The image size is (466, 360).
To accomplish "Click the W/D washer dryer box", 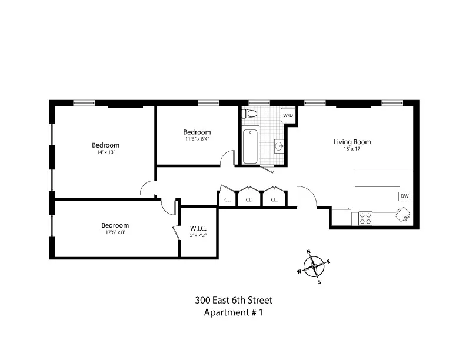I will click(x=288, y=115).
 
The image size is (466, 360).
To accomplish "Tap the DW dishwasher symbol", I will click(x=405, y=196).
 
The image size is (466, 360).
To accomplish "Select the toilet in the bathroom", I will click(x=251, y=114).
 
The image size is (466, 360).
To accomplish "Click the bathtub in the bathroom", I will click(x=250, y=146).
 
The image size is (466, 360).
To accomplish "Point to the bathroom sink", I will click(x=279, y=145).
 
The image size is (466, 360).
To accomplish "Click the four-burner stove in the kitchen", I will click(x=365, y=218).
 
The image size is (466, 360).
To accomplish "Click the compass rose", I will click(x=315, y=267).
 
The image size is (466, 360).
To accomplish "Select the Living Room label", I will click(x=352, y=142).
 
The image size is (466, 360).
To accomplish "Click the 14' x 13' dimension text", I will click(x=105, y=152).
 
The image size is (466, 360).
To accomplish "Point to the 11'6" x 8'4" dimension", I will click(x=196, y=139).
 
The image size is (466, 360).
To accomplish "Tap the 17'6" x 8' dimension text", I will click(x=115, y=232).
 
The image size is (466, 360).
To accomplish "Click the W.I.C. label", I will click(x=198, y=228).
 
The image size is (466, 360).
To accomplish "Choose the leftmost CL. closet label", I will click(x=227, y=200).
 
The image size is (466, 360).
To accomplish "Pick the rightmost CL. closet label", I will click(x=274, y=200).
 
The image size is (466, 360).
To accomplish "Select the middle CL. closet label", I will click(x=249, y=200).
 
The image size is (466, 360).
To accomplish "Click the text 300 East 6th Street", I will click(x=234, y=301).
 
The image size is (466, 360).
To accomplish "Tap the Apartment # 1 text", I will click(x=233, y=313).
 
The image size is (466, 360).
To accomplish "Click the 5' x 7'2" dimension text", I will click(x=198, y=235).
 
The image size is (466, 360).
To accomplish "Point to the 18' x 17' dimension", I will click(x=352, y=149).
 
